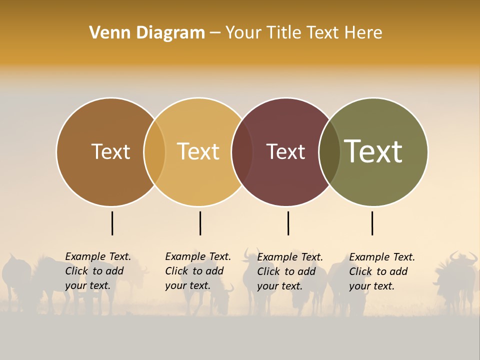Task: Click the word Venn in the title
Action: pyautogui.click(x=107, y=33)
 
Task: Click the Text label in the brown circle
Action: pyautogui.click(x=110, y=151)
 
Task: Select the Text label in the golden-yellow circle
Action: pyautogui.click(x=198, y=151)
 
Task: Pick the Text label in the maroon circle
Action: pyautogui.click(x=285, y=151)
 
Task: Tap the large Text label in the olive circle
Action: pyautogui.click(x=373, y=151)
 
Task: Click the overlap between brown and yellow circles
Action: pyautogui.click(x=154, y=151)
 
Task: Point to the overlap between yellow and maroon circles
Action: pyautogui.click(x=242, y=151)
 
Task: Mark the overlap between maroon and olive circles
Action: pyautogui.click(x=329, y=151)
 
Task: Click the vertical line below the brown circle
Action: pyautogui.click(x=112, y=223)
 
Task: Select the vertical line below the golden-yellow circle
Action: pyautogui.click(x=200, y=223)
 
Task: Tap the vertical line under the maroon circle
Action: pyautogui.click(x=288, y=223)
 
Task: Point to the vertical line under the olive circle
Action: pyautogui.click(x=372, y=223)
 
